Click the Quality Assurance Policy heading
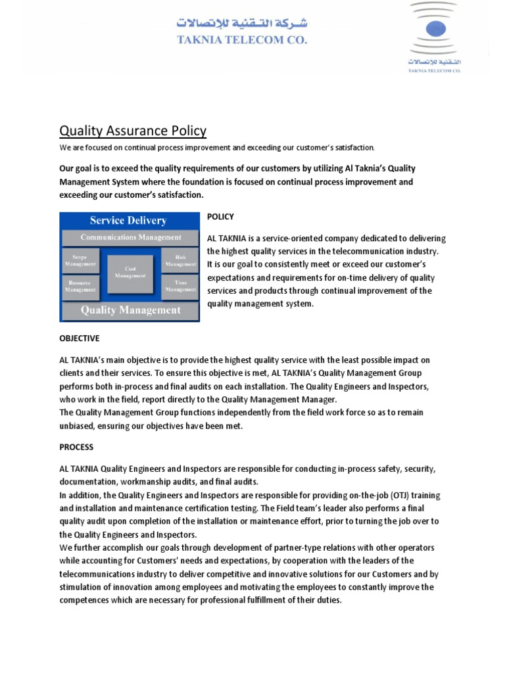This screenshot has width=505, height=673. click(x=133, y=131)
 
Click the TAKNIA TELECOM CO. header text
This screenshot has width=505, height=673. click(x=242, y=39)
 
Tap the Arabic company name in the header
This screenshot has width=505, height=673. click(x=242, y=24)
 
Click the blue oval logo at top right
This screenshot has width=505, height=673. click(x=435, y=28)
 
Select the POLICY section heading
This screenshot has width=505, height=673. click(x=220, y=216)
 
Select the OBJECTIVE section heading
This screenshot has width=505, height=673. click(x=80, y=338)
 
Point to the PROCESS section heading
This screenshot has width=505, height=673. click(x=76, y=447)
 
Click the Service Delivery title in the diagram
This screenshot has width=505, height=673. click(x=129, y=221)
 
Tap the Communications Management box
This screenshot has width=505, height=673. click(x=130, y=237)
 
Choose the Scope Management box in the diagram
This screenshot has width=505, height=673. click(x=80, y=260)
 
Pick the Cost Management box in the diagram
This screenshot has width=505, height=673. click(x=130, y=272)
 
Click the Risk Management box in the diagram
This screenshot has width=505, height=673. click(x=180, y=260)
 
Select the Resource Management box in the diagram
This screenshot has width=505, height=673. click(x=80, y=285)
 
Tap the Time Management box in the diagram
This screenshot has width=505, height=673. click(x=180, y=285)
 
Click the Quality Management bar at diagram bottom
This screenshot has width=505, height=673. click(x=130, y=310)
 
